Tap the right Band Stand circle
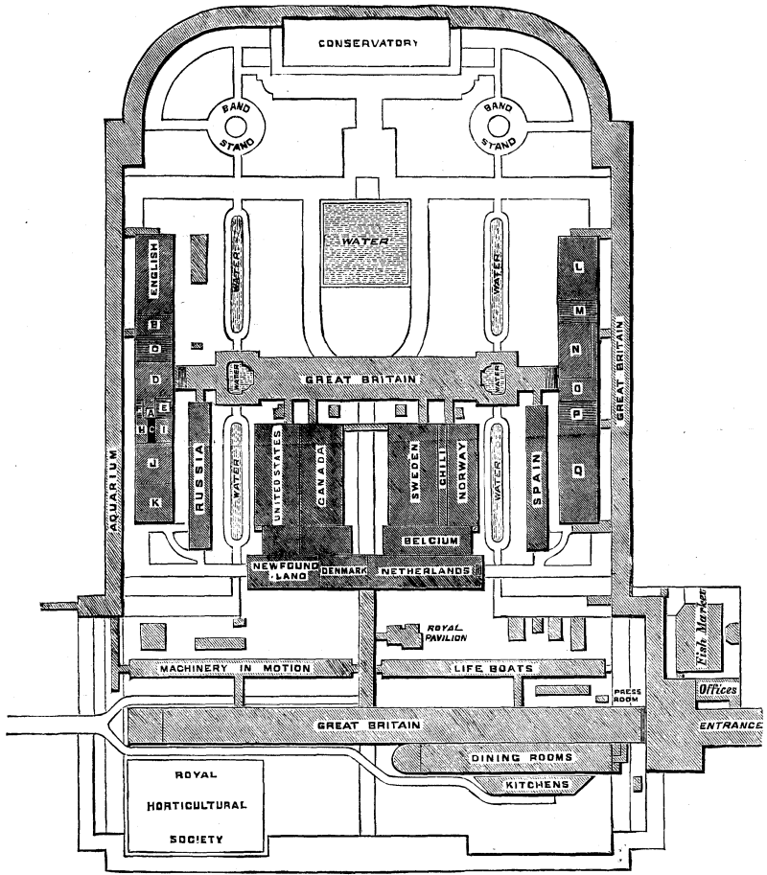499,124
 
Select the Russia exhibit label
200,472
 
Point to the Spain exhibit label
536,479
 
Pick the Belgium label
429,541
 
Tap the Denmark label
344,571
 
